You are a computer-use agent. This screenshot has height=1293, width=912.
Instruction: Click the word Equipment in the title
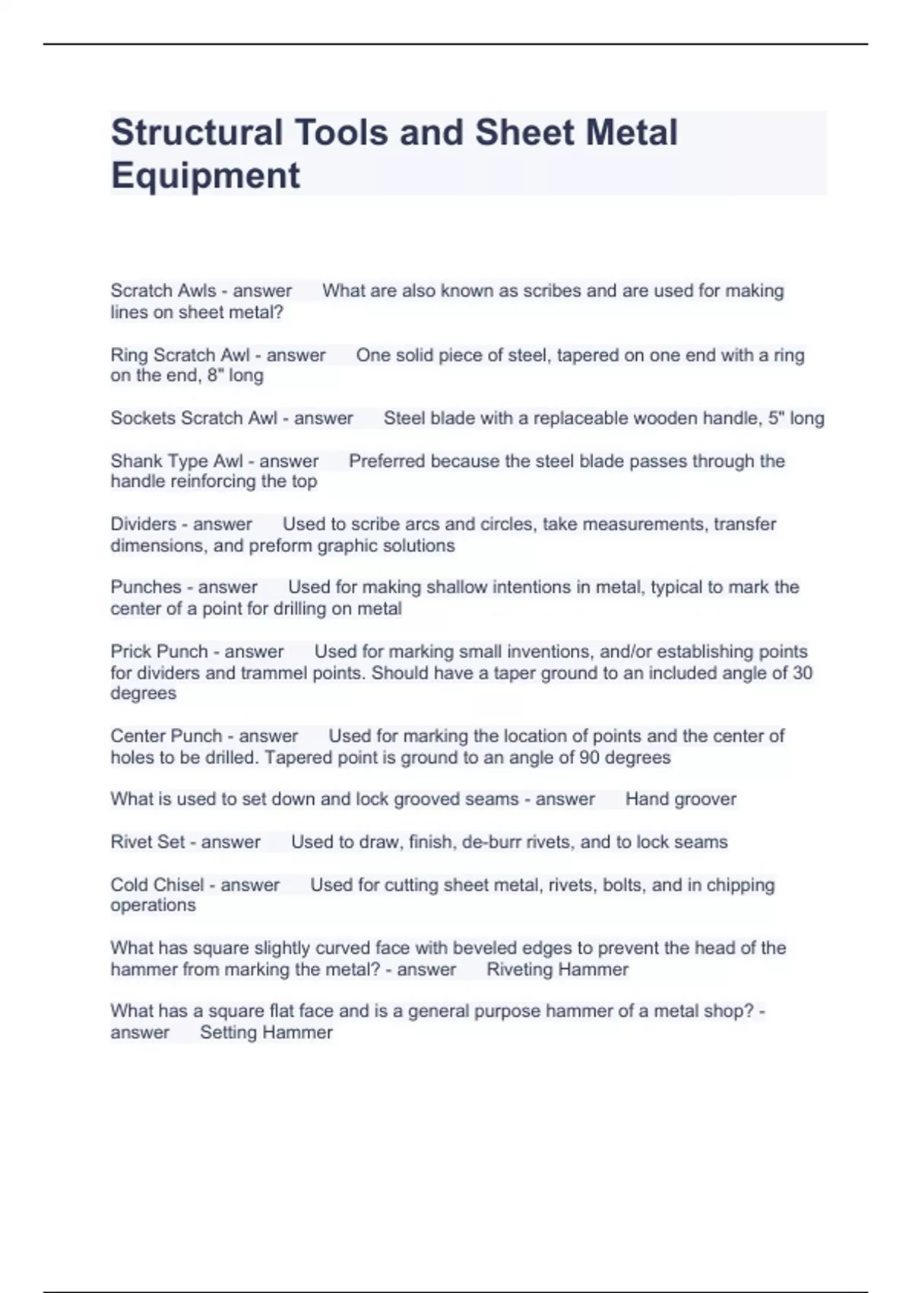205,175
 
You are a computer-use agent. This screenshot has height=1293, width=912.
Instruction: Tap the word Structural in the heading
196,132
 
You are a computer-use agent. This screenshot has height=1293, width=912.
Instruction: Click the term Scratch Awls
163,291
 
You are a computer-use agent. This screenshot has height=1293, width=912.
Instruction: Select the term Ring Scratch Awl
180,355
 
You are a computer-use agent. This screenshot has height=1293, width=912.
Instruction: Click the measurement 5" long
796,418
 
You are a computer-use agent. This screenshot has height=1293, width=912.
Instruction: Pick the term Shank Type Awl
177,461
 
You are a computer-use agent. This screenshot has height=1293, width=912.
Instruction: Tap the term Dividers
144,524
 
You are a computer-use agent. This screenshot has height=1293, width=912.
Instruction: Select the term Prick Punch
159,652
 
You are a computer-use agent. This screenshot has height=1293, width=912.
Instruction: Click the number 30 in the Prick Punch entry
802,673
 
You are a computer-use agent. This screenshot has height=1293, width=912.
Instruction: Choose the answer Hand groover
680,799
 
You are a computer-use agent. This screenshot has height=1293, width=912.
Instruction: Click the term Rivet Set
147,842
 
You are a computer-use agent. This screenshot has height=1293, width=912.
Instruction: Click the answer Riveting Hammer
557,970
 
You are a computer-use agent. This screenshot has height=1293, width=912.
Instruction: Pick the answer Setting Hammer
266,1033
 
